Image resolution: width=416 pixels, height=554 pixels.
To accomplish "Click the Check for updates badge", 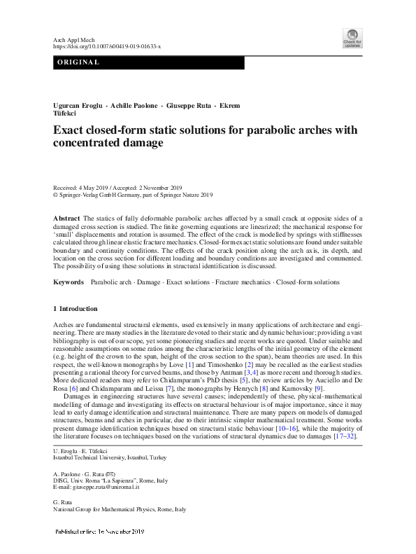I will (352, 38).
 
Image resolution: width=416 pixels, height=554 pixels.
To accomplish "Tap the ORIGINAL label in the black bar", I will (77, 63).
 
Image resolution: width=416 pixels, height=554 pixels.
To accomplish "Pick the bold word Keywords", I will (68, 282).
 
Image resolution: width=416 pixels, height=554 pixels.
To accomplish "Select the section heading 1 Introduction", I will (76, 309).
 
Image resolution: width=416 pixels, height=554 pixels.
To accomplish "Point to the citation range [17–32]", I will (347, 436).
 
